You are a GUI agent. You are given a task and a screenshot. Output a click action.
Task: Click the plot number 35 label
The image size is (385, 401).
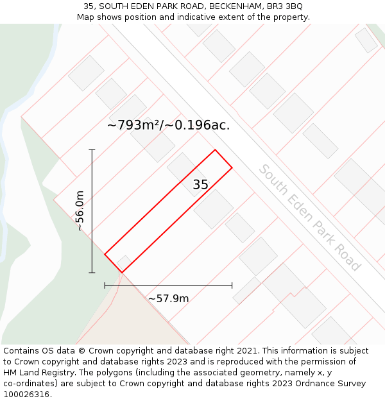pyautogui.click(x=200, y=185)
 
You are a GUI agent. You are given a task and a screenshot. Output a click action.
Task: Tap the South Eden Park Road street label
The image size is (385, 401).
pyautogui.click(x=309, y=218)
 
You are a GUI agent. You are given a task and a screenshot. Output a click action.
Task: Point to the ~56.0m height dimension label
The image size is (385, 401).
pyautogui.click(x=80, y=210)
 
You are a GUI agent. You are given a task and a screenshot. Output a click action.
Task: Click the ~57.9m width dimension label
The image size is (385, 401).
pyautogui.click(x=168, y=298)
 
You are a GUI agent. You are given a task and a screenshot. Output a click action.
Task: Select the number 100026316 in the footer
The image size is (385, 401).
pyautogui.click(x=26, y=395)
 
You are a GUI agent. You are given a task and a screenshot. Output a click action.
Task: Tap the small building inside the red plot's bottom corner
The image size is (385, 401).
pyautogui.click(x=124, y=262)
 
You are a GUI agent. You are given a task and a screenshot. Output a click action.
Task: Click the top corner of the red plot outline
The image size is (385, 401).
pyautogui.click(x=215, y=150)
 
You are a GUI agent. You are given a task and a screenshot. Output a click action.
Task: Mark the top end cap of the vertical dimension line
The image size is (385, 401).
pyautogui.click(x=92, y=149)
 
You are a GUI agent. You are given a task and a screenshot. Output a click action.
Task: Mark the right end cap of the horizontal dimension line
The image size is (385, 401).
pyautogui.click(x=232, y=286)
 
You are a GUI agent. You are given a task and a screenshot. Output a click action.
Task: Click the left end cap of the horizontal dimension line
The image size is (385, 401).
pyautogui.click(x=105, y=286)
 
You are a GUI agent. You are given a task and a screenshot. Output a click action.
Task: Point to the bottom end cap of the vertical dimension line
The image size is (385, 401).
pyautogui.click(x=92, y=273)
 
